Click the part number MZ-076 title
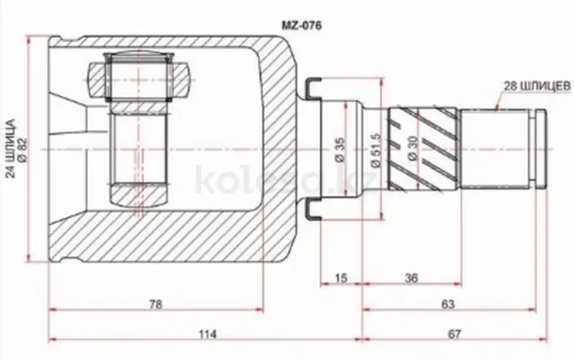[302, 25]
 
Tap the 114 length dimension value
[207, 334]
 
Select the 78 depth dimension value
[155, 304]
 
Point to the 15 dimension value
[341, 278]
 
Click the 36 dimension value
[412, 278]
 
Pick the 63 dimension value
[448, 304]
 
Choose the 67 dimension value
[454, 334]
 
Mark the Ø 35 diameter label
[340, 149]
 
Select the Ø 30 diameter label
[413, 149]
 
